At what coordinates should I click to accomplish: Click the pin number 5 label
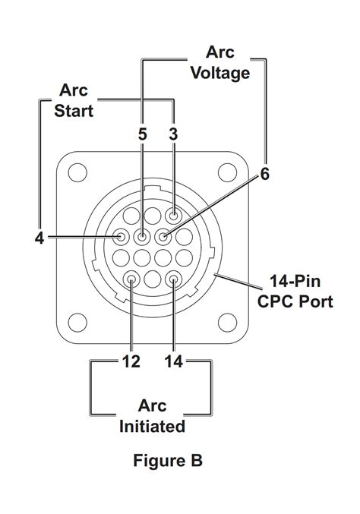click(142, 134)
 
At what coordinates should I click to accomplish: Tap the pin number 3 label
click(174, 134)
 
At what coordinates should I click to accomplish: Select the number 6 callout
click(264, 174)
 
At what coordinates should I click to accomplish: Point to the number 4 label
click(39, 238)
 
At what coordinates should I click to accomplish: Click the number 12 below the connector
click(131, 361)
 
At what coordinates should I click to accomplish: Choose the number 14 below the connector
click(174, 361)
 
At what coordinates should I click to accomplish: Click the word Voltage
click(219, 74)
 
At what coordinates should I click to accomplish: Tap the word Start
click(74, 111)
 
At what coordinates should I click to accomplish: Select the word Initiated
click(152, 426)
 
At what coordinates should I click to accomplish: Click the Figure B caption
click(168, 461)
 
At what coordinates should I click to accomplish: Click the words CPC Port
click(295, 302)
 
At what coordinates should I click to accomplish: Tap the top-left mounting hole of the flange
click(77, 173)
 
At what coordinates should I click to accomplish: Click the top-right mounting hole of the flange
click(229, 173)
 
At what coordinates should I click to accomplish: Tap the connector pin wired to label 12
click(132, 279)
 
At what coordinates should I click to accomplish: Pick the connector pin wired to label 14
click(174, 279)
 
